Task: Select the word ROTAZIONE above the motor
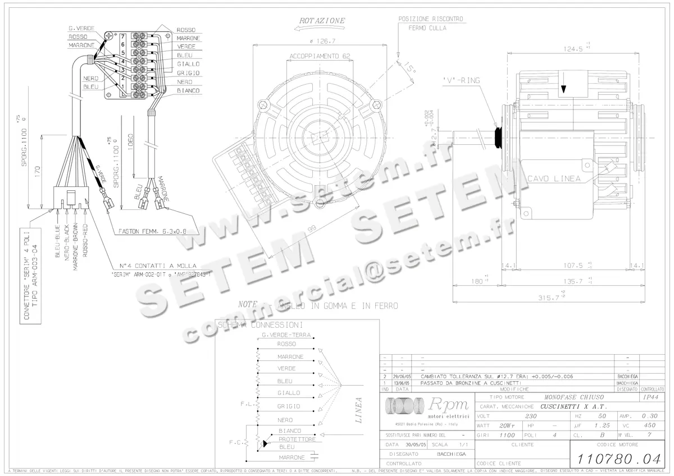coord(322,21)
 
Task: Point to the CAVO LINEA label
coord(553,178)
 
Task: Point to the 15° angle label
coord(412,70)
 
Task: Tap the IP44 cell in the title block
coord(651,396)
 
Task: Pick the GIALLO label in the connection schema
coord(289,393)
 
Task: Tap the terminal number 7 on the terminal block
coord(122,36)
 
